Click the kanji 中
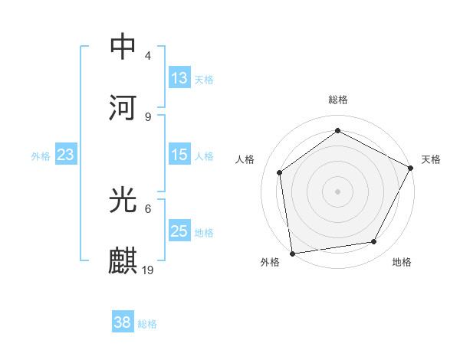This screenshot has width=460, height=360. point(123,46)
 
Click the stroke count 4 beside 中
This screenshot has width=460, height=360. point(147,56)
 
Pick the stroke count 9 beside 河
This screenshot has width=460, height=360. point(147,116)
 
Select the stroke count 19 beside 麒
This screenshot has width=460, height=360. point(149,270)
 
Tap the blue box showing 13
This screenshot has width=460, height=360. point(179,78)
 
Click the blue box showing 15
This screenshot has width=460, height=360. point(179,155)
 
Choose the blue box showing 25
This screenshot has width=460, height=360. point(179,231)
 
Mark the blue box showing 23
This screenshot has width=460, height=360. point(66,155)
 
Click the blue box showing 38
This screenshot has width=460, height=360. point(123,322)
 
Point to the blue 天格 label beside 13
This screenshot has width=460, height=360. point(204,79)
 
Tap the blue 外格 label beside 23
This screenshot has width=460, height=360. point(41,155)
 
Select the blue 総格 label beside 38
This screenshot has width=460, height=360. point(147,323)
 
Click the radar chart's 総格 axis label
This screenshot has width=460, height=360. point(338,100)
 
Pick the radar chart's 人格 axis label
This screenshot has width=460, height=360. point(245,159)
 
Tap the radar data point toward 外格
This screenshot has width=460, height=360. point(292,253)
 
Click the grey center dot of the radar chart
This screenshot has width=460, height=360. point(338,191)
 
